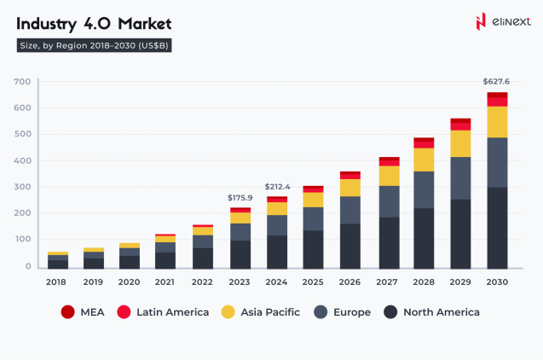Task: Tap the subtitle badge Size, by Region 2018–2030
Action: pyautogui.click(x=95, y=46)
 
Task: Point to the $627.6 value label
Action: pyautogui.click(x=496, y=82)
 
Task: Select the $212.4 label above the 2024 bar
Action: pyautogui.click(x=278, y=186)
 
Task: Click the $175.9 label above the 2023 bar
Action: pyautogui.click(x=240, y=198)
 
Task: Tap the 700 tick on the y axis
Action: pyautogui.click(x=22, y=82)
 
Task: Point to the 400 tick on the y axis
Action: pyautogui.click(x=22, y=160)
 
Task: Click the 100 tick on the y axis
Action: pyautogui.click(x=22, y=240)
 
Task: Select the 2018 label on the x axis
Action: pyautogui.click(x=57, y=281)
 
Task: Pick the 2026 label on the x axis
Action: pyautogui.click(x=350, y=281)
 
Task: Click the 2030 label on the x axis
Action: pyautogui.click(x=497, y=281)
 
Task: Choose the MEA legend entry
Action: pyautogui.click(x=82, y=312)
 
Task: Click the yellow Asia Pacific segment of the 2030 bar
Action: pyautogui.click(x=497, y=121)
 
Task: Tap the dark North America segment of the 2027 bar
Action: pyautogui.click(x=387, y=242)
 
